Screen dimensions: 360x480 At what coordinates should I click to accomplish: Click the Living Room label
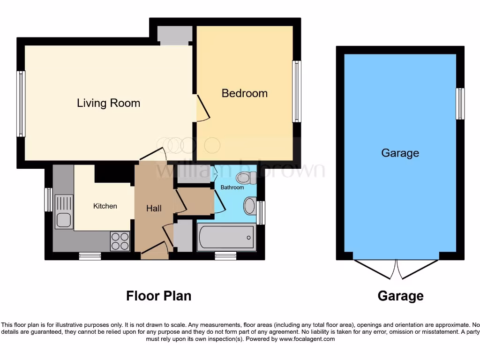pos(108,103)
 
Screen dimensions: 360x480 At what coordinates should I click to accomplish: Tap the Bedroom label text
pos(244,93)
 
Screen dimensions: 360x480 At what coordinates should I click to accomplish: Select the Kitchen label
pos(105,206)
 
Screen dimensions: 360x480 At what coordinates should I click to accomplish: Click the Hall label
pos(154,208)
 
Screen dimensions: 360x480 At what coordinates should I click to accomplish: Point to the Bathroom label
pos(232,187)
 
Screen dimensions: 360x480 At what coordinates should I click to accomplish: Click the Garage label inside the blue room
pos(400,153)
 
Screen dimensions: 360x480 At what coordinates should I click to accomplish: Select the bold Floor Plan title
pos(158,296)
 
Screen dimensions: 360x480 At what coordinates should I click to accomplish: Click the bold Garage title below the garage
pos(400,296)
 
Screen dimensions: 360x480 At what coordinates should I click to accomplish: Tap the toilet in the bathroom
pos(246,178)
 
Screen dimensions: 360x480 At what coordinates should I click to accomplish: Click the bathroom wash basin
pos(250,206)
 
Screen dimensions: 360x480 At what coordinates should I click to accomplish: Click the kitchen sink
pos(64,211)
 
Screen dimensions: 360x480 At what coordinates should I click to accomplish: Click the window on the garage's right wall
pos(460,104)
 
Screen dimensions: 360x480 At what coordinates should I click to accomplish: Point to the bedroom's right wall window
pos(297,91)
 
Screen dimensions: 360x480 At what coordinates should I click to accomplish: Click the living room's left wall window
pos(21,104)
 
